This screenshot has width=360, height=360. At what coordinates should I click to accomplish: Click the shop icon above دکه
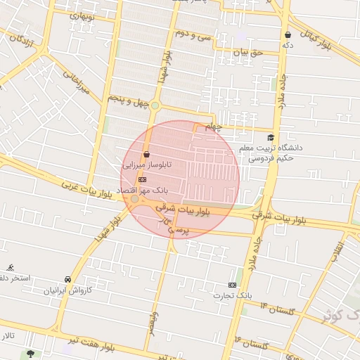288,34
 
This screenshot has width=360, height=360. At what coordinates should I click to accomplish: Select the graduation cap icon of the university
271,137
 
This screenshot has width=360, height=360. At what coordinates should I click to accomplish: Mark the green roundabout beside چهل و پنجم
155,105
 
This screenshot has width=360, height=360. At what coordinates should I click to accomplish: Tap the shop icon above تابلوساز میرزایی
146,154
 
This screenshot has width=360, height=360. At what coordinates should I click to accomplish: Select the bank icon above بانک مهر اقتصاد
143,179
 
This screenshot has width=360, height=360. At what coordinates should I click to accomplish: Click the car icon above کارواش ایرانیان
67,278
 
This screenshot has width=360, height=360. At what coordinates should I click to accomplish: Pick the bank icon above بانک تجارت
232,285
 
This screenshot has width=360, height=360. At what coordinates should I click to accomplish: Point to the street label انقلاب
338,250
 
